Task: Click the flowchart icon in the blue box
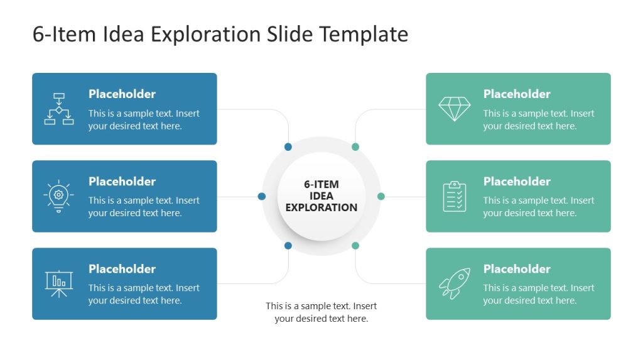pos(59,109)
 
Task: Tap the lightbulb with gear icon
pos(59,196)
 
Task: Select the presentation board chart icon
pos(59,283)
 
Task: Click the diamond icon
pos(454,109)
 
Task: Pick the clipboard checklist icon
pos(454,196)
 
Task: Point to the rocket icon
pos(454,283)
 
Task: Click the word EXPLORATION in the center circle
pos(321,207)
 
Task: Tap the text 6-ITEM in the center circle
pos(321,185)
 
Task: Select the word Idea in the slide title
pos(122,34)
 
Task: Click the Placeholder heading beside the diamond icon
pos(517,94)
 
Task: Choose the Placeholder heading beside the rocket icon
pos(517,269)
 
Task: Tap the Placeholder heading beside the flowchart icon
pos(122,94)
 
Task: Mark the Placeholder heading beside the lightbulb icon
pos(122,182)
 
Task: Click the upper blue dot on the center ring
pos(288,147)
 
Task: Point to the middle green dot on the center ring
pos(381,196)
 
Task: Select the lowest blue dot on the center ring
pos(288,245)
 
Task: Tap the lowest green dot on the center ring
pos(355,245)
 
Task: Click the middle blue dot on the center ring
pos(262,196)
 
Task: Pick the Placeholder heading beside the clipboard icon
pos(517,182)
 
